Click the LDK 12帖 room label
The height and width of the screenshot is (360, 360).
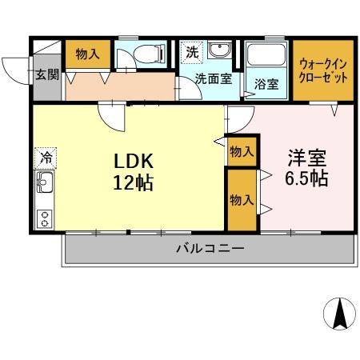pyautogui.click(x=132, y=170)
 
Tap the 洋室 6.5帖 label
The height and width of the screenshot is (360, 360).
pyautogui.click(x=306, y=166)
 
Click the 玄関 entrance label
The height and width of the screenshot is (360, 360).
pyautogui.click(x=46, y=76)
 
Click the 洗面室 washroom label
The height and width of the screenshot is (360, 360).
pyautogui.click(x=214, y=78)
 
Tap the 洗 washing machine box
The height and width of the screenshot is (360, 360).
pyautogui.click(x=193, y=53)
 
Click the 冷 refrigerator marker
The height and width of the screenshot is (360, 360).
pyautogui.click(x=46, y=158)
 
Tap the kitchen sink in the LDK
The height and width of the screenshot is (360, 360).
pyautogui.click(x=45, y=187)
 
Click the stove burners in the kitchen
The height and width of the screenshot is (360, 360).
pyautogui.click(x=45, y=217)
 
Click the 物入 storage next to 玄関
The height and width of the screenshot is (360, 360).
pyautogui.click(x=87, y=54)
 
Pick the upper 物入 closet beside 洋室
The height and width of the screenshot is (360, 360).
pyautogui.click(x=241, y=151)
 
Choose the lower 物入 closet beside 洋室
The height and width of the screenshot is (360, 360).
pyautogui.click(x=241, y=200)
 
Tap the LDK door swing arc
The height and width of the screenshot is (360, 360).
pyautogui.click(x=112, y=120)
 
